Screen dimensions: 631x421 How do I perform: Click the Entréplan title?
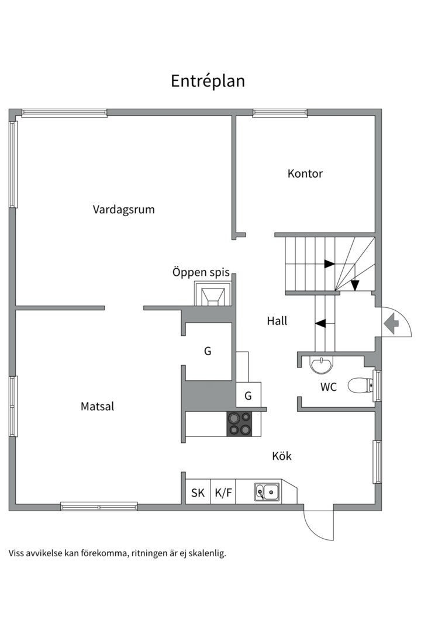pyautogui.click(x=208, y=81)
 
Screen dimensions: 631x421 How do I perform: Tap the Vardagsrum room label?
pyautogui.click(x=123, y=209)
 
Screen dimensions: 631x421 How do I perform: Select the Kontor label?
pyautogui.click(x=305, y=174)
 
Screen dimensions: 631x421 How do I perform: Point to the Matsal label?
pyautogui.click(x=97, y=407)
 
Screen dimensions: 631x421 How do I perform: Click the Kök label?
pyautogui.click(x=281, y=456)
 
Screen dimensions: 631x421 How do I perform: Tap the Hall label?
pyautogui.click(x=277, y=321)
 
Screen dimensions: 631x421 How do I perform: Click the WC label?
pyautogui.click(x=328, y=386)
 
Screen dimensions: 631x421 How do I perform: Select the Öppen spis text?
pyautogui.click(x=201, y=272)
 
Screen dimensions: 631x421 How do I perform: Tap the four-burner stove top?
pyautogui.click(x=239, y=424)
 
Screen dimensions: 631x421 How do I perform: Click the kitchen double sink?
pyautogui.click(x=267, y=492)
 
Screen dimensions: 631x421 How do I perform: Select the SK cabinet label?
pyautogui.click(x=198, y=493)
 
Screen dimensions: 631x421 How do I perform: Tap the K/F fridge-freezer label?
pyautogui.click(x=223, y=493)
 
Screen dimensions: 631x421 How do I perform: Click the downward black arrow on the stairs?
pyautogui.click(x=354, y=285)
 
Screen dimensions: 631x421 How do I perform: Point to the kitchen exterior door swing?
pyautogui.click(x=319, y=525)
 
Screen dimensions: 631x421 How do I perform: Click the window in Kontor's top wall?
pyautogui.click(x=279, y=113)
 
